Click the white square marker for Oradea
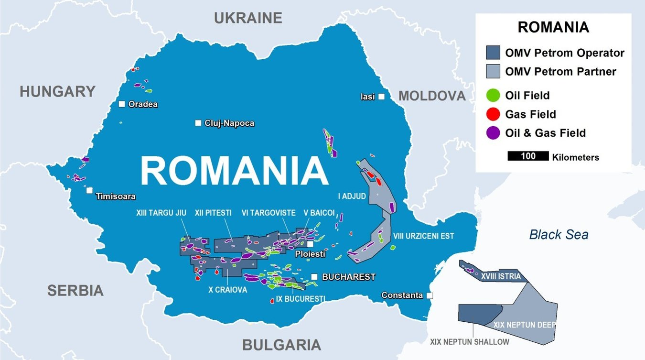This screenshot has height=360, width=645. [x=122, y=104]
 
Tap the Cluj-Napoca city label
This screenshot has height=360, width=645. [x=229, y=123]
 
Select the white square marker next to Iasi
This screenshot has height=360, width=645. [x=381, y=97]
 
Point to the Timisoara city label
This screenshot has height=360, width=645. [x=116, y=196]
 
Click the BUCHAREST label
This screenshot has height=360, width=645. [x=349, y=277]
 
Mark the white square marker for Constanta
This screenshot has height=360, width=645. [x=430, y=295]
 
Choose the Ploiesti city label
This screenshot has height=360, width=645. [x=310, y=254]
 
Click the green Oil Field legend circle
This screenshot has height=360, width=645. [x=493, y=95]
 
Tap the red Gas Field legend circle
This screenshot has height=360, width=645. [x=493, y=114]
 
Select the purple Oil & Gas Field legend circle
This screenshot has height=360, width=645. [x=493, y=133]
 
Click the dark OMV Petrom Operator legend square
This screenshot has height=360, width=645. [x=493, y=53]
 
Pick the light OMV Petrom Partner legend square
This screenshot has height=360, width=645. [x=493, y=72]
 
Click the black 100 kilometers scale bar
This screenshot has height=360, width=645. [x=528, y=156]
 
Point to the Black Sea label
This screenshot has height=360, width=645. [x=559, y=235]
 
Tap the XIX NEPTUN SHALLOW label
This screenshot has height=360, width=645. [x=470, y=342]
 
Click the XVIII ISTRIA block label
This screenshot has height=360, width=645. [x=501, y=276]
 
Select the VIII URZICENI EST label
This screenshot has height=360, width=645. [x=424, y=236]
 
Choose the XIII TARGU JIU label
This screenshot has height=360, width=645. [x=160, y=213]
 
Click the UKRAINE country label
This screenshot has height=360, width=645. [x=248, y=18]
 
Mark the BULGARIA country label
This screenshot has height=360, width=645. [x=281, y=345]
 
